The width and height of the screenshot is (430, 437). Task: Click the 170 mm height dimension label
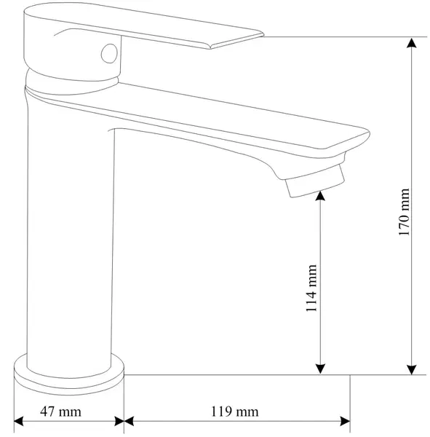click(405, 212)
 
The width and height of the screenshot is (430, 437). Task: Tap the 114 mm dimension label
click(311, 288)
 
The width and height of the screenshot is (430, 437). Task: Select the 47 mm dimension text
click(60, 412)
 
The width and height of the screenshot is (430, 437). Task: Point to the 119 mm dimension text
click(235, 412)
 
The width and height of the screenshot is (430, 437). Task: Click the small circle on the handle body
click(109, 53)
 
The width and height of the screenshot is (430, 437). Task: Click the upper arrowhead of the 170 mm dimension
click(412, 43)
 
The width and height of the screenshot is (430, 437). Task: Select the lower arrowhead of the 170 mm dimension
click(412, 369)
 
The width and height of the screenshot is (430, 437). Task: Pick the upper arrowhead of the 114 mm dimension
click(321, 196)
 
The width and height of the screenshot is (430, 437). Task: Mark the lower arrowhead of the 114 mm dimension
click(321, 369)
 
